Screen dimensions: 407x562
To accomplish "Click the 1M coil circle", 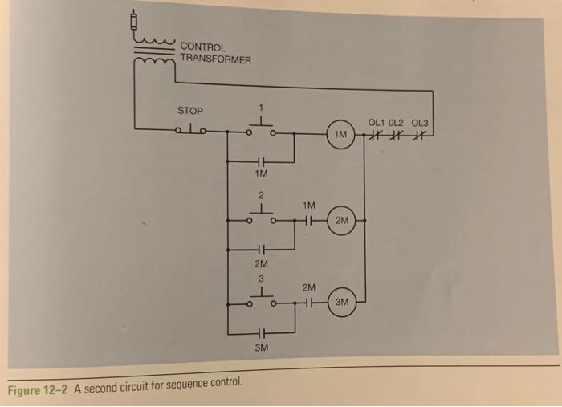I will [x=341, y=134].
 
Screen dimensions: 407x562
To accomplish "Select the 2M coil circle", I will [x=343, y=219].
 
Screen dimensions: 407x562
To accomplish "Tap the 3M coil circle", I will [x=342, y=303].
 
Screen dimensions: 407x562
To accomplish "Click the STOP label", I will [x=190, y=109].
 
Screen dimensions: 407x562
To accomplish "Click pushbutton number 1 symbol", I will [x=260, y=124].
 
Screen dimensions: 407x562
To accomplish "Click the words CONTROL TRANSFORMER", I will [x=215, y=53].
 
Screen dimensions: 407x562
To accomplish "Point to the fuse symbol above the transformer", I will [x=135, y=17].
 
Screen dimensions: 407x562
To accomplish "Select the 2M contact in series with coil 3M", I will [x=309, y=303].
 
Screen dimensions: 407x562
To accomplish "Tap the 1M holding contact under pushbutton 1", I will [x=261, y=159].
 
